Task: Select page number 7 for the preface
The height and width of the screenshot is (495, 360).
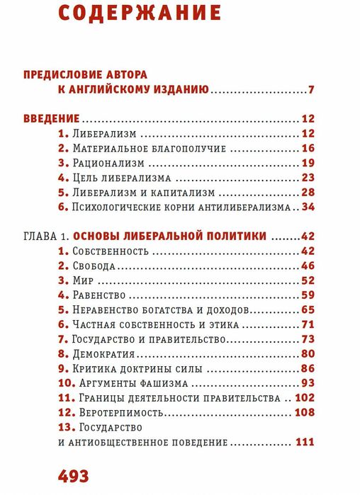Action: [310, 90]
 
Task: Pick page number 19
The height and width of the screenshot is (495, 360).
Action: [307, 162]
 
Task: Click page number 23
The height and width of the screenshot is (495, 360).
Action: [307, 177]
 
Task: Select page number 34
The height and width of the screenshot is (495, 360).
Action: [307, 207]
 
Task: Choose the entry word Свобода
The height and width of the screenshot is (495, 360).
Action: [94, 266]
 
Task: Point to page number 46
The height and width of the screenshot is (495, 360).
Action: [307, 266]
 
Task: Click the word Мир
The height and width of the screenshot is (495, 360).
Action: [83, 280]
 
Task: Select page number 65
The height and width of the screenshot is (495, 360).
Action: [307, 309]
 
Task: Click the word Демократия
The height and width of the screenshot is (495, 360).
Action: [105, 353]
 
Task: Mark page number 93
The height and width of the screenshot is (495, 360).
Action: [307, 383]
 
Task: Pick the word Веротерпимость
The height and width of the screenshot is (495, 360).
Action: [119, 412]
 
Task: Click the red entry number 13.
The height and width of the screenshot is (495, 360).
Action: [63, 428]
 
